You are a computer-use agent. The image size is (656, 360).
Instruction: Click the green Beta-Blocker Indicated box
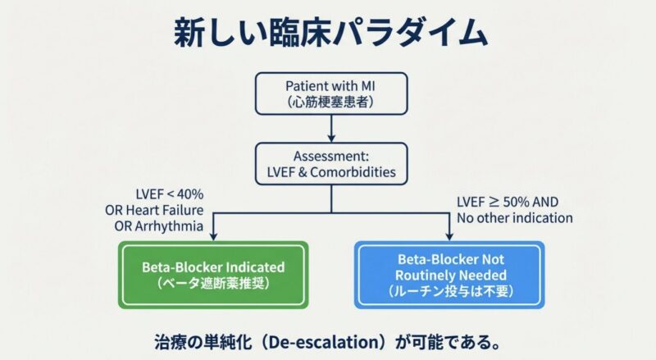click(x=212, y=274)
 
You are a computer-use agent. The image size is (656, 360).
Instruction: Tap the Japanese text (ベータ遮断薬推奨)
click(x=212, y=283)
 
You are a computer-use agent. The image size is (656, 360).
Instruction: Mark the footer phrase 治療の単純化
click(x=199, y=339)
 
